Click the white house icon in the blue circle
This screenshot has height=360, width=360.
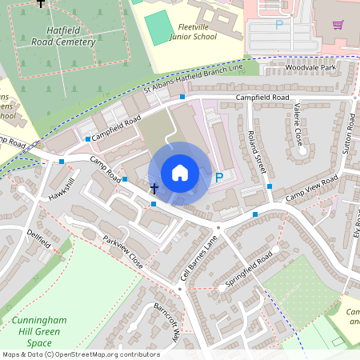point(180,172)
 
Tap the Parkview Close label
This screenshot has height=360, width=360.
point(122,250)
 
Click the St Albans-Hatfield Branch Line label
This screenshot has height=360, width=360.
point(192,80)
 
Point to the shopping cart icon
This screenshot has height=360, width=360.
point(338,24)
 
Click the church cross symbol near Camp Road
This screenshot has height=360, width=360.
point(154,189)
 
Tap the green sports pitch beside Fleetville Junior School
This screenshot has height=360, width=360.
point(160,27)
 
